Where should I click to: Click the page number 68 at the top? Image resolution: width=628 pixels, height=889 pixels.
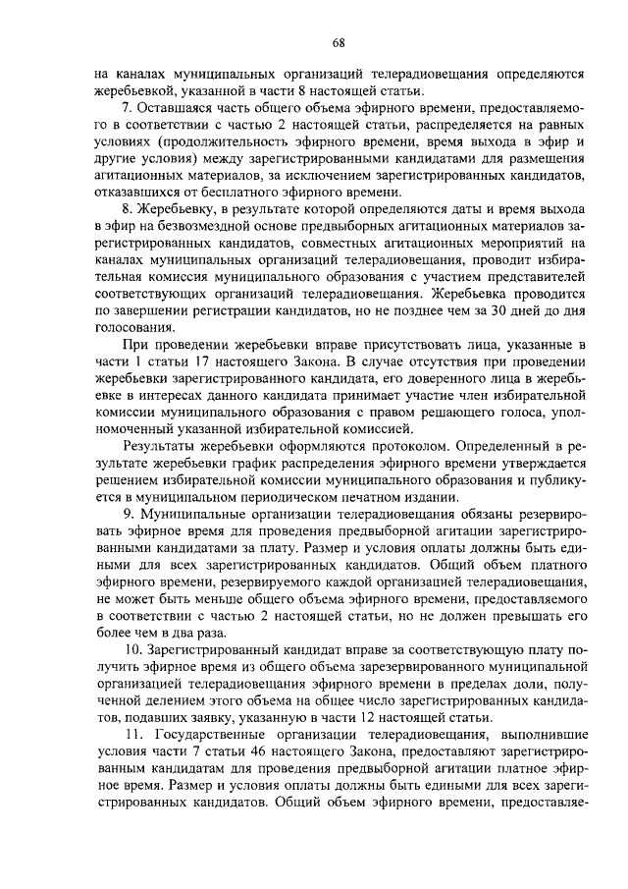pos(338,41)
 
